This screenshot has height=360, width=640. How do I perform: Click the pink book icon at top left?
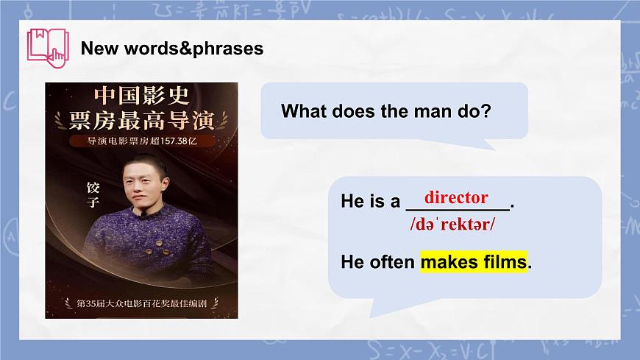pyautogui.click(x=46, y=46)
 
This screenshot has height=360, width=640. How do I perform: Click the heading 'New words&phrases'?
pyautogui.click(x=171, y=49)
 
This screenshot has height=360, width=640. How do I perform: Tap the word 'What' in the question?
pyautogui.click(x=305, y=112)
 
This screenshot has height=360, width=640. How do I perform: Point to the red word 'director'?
pyautogui.click(x=456, y=197)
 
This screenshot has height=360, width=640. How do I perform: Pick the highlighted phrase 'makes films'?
pyautogui.click(x=474, y=261)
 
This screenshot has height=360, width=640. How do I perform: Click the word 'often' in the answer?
pyautogui.click(x=392, y=261)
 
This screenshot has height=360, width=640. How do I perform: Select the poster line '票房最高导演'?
pyautogui.click(x=142, y=119)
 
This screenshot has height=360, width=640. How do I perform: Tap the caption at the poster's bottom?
pyautogui.click(x=142, y=303)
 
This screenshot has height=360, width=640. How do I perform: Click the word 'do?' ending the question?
pyautogui.click(x=476, y=112)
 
